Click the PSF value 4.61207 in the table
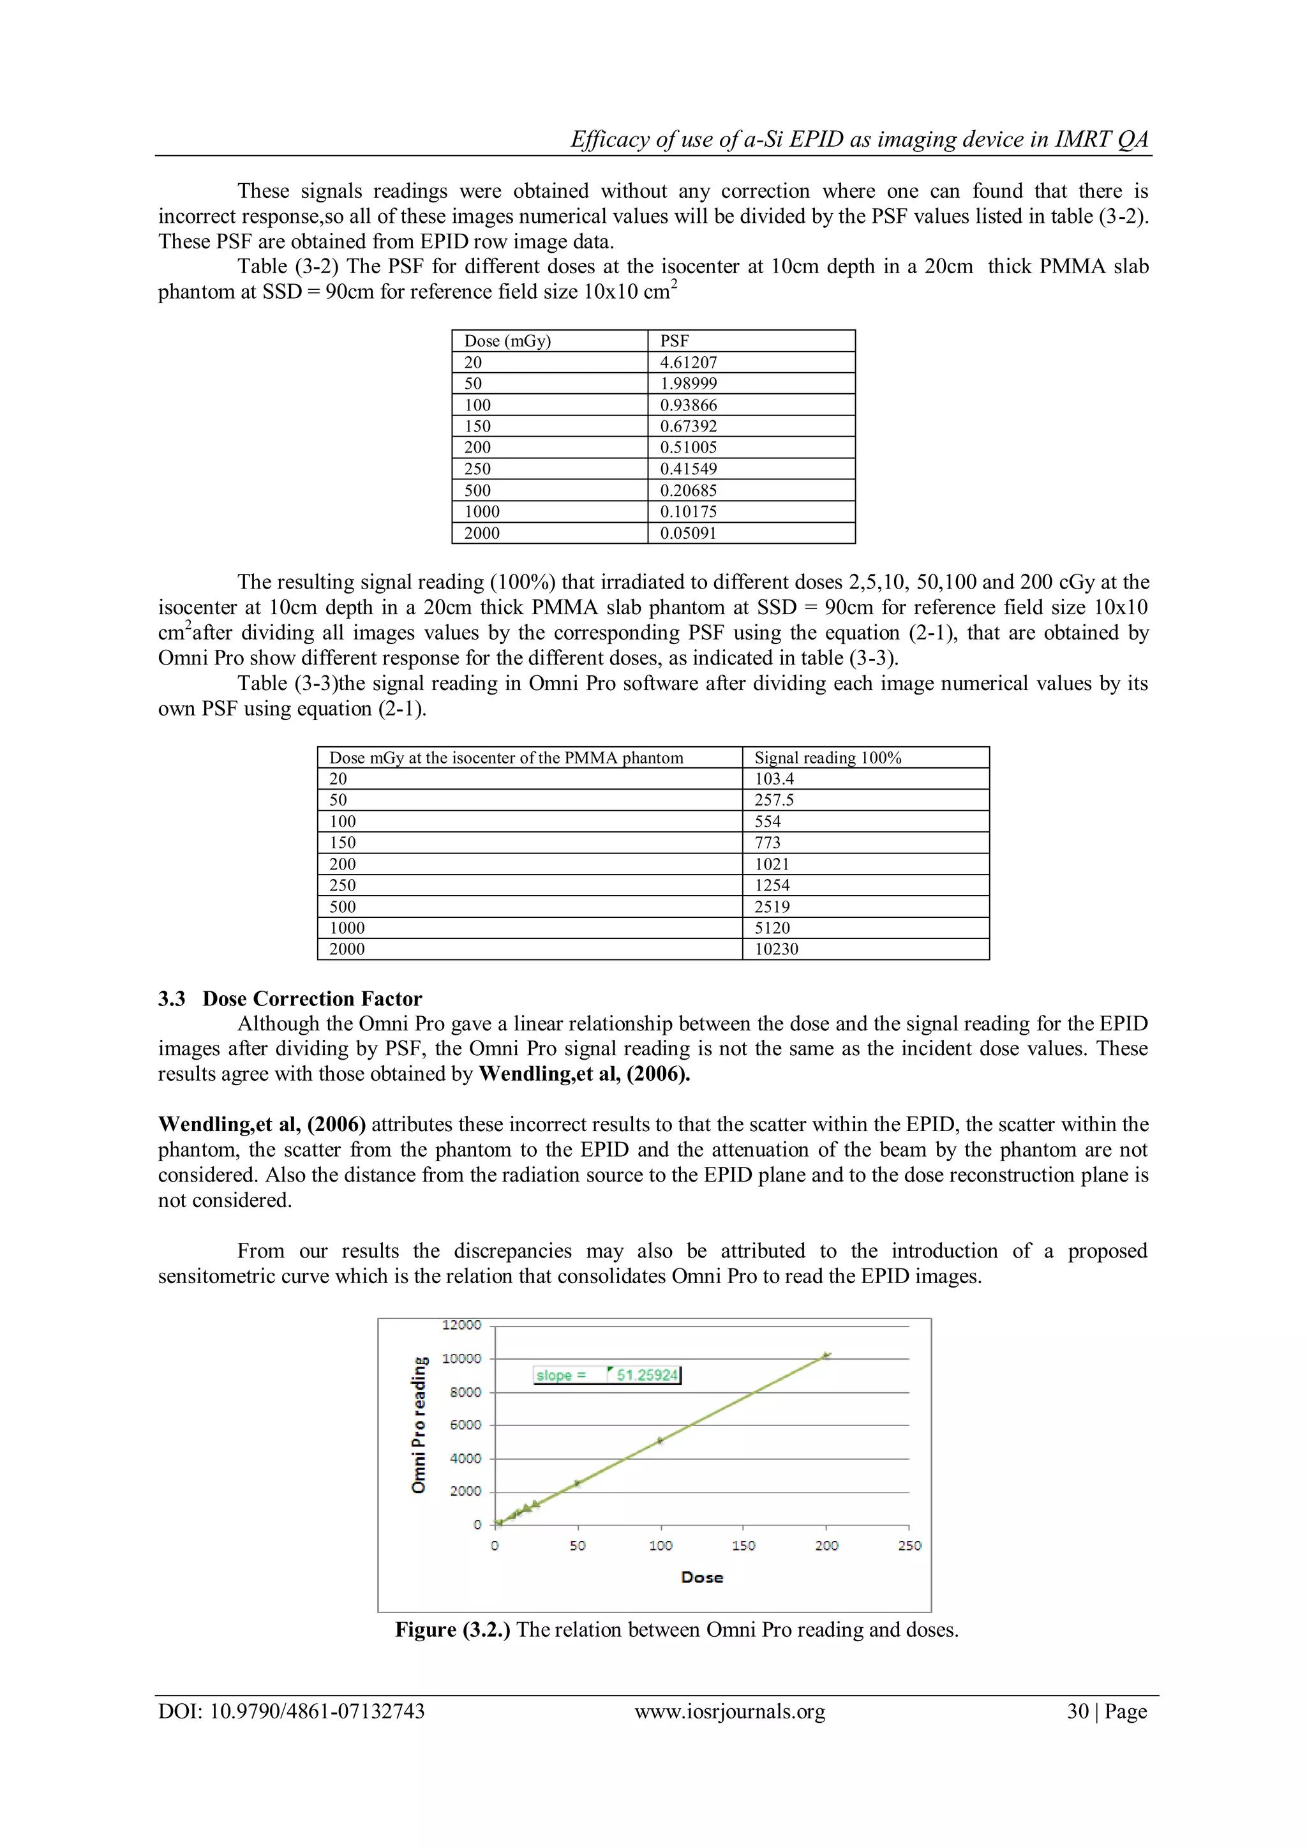pos(688,362)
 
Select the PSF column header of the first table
pos(675,340)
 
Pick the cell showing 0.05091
pos(688,533)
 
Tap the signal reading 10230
pos(776,949)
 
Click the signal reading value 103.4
pos(773,778)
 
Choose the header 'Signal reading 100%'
pos(827,757)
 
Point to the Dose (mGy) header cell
pos(507,340)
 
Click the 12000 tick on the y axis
pos(461,1325)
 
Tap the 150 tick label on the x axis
pos(743,1545)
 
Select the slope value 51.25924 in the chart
pos(647,1375)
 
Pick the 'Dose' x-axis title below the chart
pos(702,1577)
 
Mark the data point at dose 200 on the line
pos(826,1355)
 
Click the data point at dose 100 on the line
pos(660,1441)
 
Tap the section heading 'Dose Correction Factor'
pos(312,999)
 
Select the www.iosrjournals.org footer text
pos(730,1711)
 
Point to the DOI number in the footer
pos(292,1711)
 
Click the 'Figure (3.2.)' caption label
pos(452,1629)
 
